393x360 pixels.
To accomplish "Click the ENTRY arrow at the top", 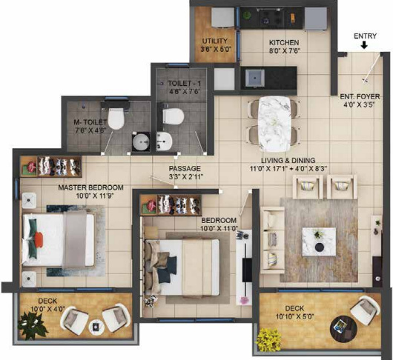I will pos(364,46).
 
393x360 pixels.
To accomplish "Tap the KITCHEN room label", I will pos(284,42).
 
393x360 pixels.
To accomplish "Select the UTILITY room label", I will pos(214,41).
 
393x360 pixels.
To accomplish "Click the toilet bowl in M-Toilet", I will pos(116,119).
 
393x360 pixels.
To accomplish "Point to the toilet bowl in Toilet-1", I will pos(171,115).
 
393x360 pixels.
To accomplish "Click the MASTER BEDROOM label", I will pos(91,187).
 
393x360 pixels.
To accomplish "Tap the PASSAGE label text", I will pos(185,168).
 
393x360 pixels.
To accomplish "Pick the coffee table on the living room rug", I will pos(318,239).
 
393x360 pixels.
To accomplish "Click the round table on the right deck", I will pos(341,325).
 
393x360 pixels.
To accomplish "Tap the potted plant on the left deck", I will pos(33,321).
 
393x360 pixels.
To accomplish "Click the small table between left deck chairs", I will pos(95,327).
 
